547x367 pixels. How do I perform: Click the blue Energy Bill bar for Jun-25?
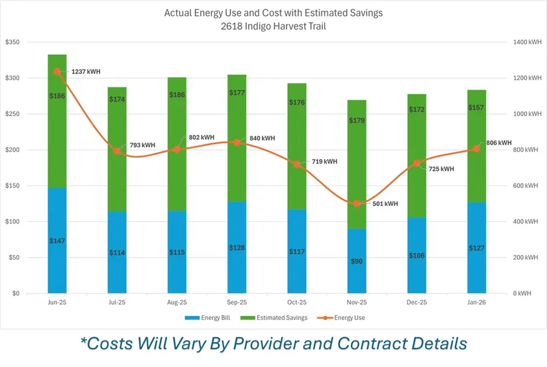57,265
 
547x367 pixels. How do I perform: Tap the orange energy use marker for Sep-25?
237,142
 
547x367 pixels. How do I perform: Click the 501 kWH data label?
385,204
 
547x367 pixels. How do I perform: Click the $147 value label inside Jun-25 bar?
57,240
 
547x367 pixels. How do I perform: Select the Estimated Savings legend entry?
282,318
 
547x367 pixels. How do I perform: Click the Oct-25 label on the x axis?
297,301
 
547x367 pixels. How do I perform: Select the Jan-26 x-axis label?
477,301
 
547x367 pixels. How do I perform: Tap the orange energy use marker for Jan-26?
477,149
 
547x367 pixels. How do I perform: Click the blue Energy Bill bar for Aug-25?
176,265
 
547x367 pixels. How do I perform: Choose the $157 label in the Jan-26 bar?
477,107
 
